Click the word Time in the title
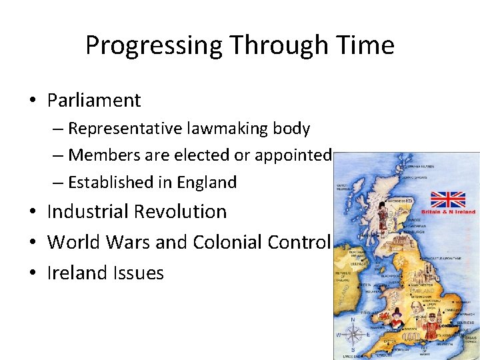click(x=365, y=45)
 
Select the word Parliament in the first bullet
click(x=94, y=101)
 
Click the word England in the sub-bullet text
click(x=205, y=183)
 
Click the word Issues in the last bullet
click(x=138, y=273)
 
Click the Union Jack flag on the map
click(x=447, y=199)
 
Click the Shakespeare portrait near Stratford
click(x=415, y=307)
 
